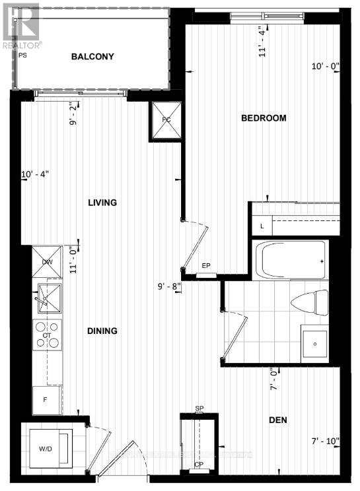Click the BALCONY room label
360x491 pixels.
(92, 57)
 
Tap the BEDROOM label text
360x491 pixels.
(264, 118)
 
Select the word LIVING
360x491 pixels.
(102, 203)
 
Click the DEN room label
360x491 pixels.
(277, 420)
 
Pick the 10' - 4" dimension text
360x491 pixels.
(35, 174)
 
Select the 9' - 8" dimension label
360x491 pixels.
(169, 287)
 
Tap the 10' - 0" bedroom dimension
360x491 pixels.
(324, 66)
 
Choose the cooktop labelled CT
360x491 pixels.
(48, 335)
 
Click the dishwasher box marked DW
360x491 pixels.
(48, 261)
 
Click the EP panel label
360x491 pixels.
(206, 267)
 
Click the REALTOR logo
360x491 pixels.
(20, 23)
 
